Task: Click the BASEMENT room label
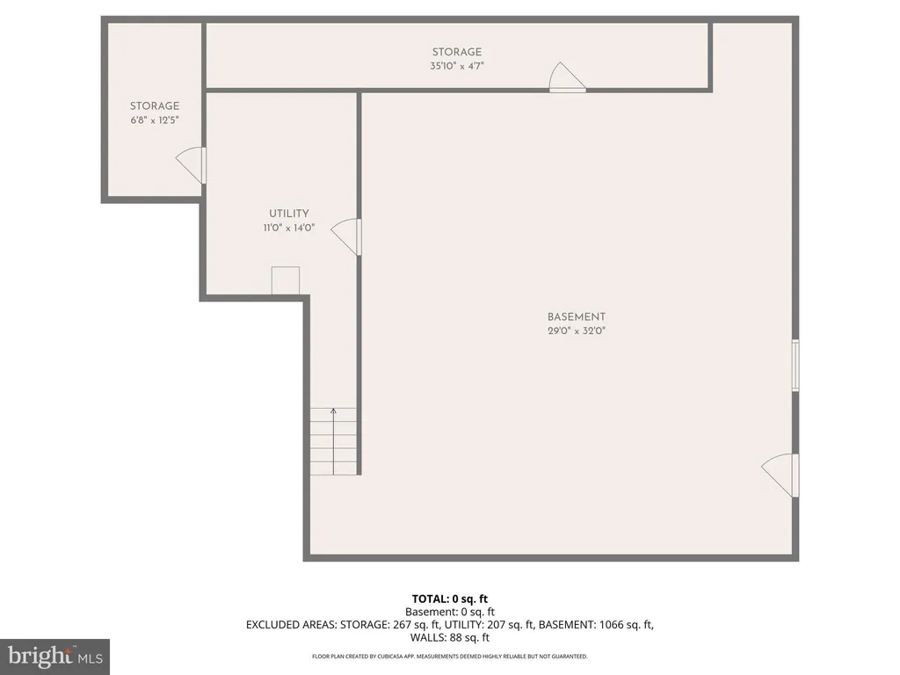[577, 316]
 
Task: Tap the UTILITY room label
[288, 214]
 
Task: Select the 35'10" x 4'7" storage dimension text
[457, 66]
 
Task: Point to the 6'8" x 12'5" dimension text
[155, 120]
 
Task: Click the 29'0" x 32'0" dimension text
[577, 331]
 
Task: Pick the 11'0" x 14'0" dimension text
[288, 228]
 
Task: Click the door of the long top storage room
[567, 77]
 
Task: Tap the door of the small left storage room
[191, 165]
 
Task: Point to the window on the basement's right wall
[795, 365]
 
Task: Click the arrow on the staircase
[333, 441]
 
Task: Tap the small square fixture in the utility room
[286, 280]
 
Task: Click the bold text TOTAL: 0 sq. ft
[450, 599]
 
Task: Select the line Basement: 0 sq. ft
[450, 612]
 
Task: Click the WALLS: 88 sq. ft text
[450, 637]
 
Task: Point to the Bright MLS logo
[55, 656]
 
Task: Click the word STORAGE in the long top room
[457, 52]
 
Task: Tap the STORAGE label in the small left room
[155, 106]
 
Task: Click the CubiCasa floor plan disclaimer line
[450, 656]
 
